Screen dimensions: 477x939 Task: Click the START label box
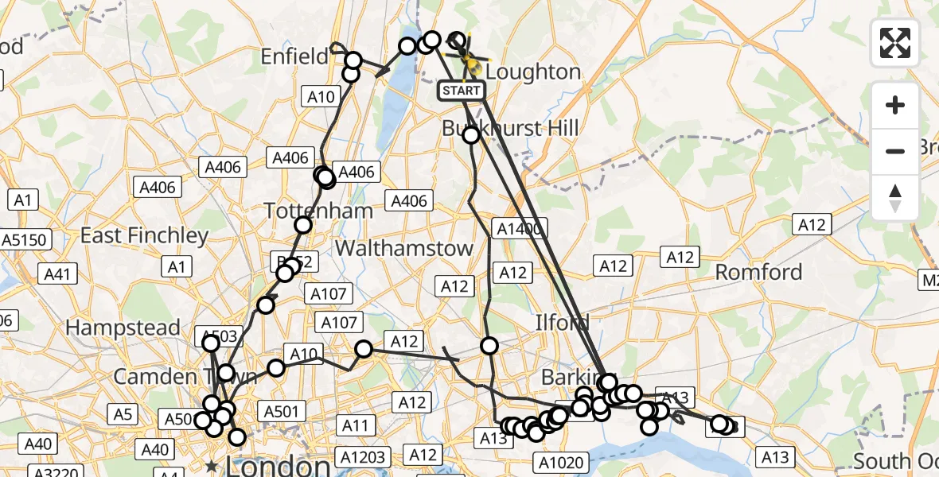coord(462,91)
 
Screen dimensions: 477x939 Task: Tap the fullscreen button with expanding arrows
coord(895,42)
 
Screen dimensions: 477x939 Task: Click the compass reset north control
coord(895,198)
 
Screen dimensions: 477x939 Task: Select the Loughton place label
coord(532,72)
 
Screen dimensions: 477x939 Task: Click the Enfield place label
coord(295,56)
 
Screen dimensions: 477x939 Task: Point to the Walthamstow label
coord(403,249)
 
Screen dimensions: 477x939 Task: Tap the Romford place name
coord(758,273)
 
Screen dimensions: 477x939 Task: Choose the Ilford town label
coord(562,323)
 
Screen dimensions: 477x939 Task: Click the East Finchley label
coord(144,236)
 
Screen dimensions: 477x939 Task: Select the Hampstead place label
coord(123,328)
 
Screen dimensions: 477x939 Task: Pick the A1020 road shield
coord(562,463)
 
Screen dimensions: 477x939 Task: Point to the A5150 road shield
coord(25,239)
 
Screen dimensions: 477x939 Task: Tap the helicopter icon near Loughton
coord(469,60)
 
